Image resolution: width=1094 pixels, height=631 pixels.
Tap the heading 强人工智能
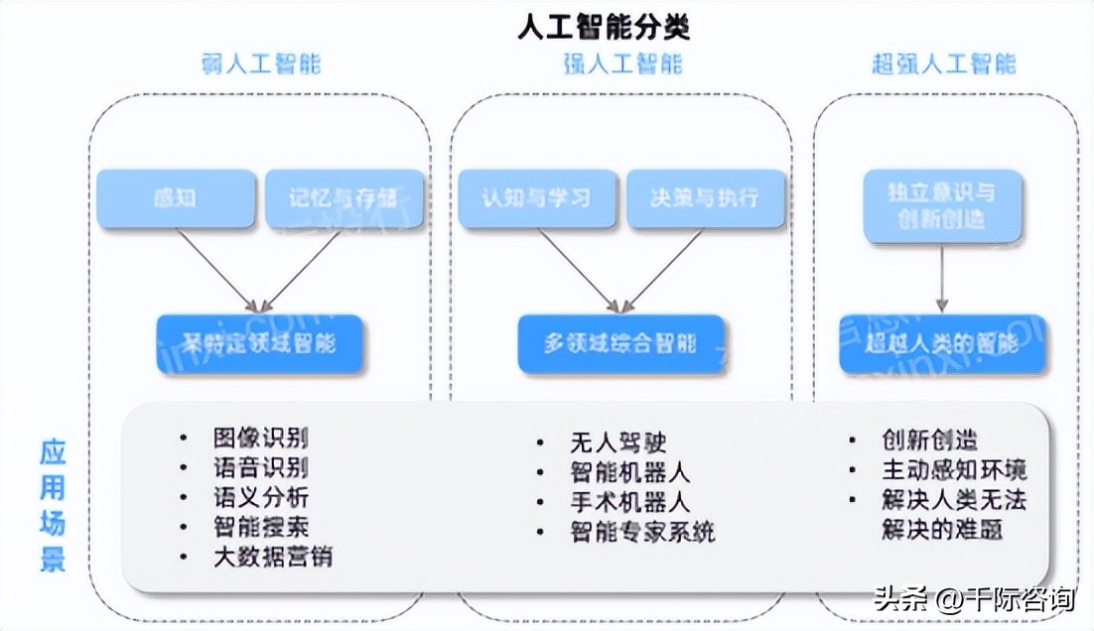click(x=622, y=65)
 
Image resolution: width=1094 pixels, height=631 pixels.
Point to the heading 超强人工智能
click(x=943, y=65)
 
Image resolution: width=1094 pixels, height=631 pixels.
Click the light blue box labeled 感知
click(x=176, y=198)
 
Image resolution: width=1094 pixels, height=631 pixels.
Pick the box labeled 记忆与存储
click(x=344, y=198)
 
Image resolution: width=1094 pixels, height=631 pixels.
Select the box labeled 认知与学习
click(x=536, y=198)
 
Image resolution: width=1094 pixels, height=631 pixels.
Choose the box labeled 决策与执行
click(x=705, y=198)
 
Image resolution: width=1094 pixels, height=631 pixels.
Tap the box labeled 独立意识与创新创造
click(x=941, y=204)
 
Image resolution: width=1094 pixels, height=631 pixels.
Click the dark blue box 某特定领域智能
click(x=260, y=344)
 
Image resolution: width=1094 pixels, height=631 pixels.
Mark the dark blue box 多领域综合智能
click(x=620, y=344)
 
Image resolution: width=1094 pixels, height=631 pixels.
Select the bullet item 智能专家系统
click(x=641, y=532)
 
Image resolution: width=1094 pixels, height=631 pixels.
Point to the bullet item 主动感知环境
click(x=953, y=469)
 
